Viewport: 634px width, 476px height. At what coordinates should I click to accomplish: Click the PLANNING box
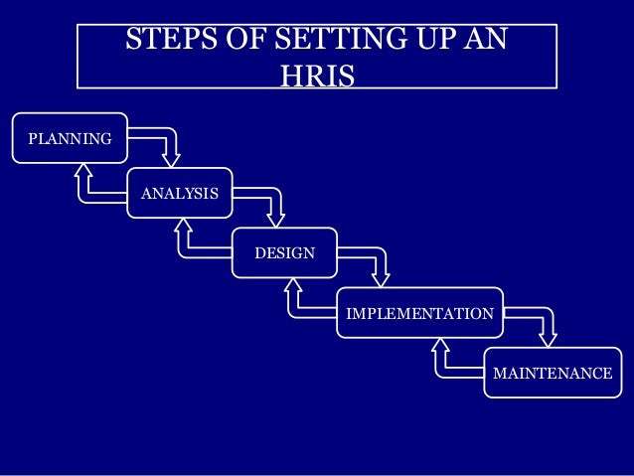70,138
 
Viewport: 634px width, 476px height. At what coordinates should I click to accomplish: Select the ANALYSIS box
179,193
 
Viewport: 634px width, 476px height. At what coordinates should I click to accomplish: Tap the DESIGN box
284,252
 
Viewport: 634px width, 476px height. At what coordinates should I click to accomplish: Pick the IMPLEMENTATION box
418,314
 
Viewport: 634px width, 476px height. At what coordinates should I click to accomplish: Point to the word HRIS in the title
317,76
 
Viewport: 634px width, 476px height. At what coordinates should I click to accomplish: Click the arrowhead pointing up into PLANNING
83,171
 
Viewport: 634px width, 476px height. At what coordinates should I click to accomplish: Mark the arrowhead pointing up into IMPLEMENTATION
440,349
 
